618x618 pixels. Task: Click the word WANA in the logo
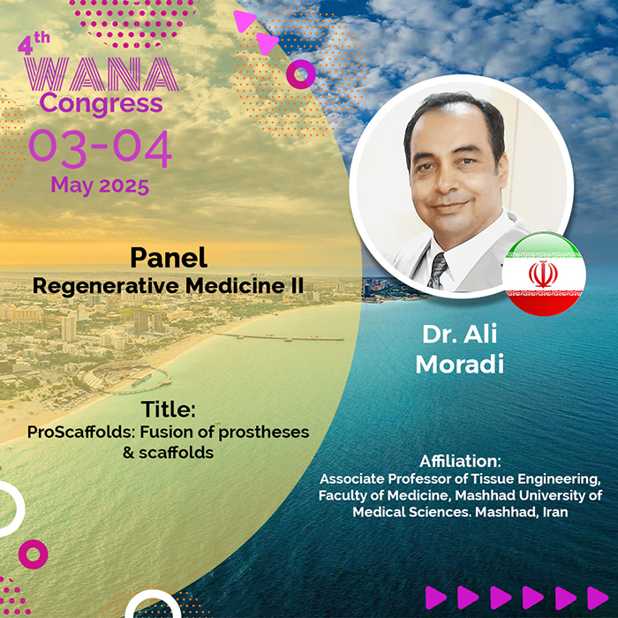[x=102, y=74]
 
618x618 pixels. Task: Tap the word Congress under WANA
[x=102, y=104]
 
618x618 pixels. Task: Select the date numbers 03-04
[x=101, y=148]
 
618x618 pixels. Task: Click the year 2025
[x=124, y=186]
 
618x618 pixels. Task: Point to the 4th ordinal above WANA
[x=34, y=43]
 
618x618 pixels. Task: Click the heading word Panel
[x=169, y=258]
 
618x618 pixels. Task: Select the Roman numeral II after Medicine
[x=298, y=285]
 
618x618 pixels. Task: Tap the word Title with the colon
[x=169, y=409]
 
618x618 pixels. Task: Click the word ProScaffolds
[x=81, y=433]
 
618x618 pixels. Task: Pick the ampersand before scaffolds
[x=129, y=453]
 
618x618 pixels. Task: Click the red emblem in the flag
[x=543, y=274]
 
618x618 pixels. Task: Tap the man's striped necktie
[x=438, y=271]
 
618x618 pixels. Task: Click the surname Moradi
[x=460, y=364]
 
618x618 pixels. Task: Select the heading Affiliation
[x=460, y=461]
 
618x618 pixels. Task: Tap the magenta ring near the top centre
[x=301, y=74]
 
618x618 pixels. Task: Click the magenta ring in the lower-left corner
[x=34, y=554]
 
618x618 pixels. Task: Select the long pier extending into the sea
[x=280, y=337]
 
